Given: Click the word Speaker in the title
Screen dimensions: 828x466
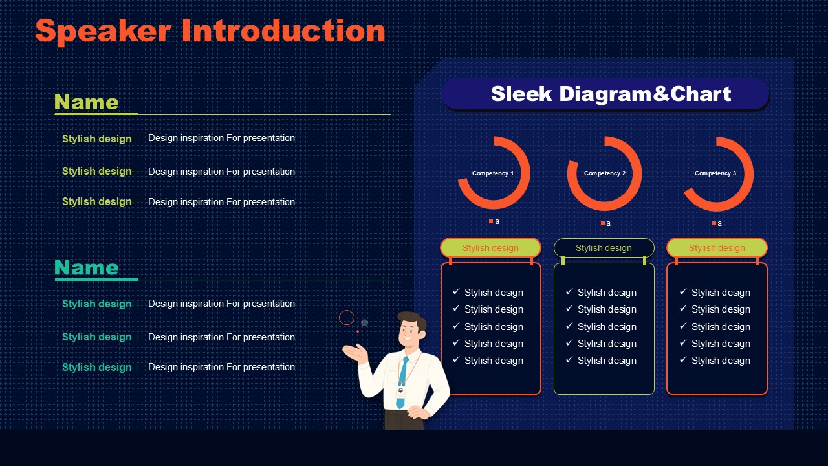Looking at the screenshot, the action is coord(103,32).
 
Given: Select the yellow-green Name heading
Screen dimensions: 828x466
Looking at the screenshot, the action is coord(87,102).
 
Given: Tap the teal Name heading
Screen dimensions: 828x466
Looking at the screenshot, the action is coord(87,267).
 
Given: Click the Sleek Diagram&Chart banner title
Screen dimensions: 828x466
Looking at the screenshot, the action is coord(611,94).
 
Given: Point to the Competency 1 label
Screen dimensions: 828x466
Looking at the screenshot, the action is coord(493,173).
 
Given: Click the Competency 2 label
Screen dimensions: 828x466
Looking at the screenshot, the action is coord(605,173).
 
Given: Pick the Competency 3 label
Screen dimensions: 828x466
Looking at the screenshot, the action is coord(715,173).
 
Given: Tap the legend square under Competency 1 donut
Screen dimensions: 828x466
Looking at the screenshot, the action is coord(491,221).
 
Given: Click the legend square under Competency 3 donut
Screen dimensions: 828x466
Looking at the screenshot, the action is coord(714,223).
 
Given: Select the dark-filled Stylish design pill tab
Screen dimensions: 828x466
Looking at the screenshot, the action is coord(604,248).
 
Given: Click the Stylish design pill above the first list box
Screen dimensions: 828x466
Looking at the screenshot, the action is coord(490,248).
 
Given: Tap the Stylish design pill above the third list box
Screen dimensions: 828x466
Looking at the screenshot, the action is coord(717,248).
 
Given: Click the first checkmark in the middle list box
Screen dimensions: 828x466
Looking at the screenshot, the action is coord(569,291).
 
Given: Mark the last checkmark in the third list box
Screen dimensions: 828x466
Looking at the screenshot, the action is coord(683,359).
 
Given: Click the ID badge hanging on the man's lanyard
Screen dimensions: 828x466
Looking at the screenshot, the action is coord(400,392).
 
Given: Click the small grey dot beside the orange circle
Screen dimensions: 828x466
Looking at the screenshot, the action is coord(364,323).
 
